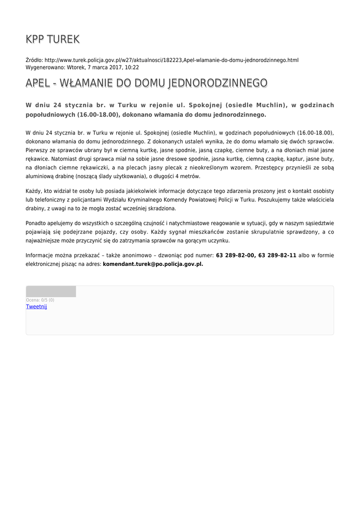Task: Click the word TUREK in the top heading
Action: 64,39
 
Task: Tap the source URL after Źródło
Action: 171,60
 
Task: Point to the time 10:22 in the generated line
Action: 132,67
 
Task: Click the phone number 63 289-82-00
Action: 235,255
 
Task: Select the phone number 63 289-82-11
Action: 278,255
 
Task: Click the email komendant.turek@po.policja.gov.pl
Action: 153,264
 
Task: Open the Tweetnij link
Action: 36,307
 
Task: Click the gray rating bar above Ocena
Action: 51,291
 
